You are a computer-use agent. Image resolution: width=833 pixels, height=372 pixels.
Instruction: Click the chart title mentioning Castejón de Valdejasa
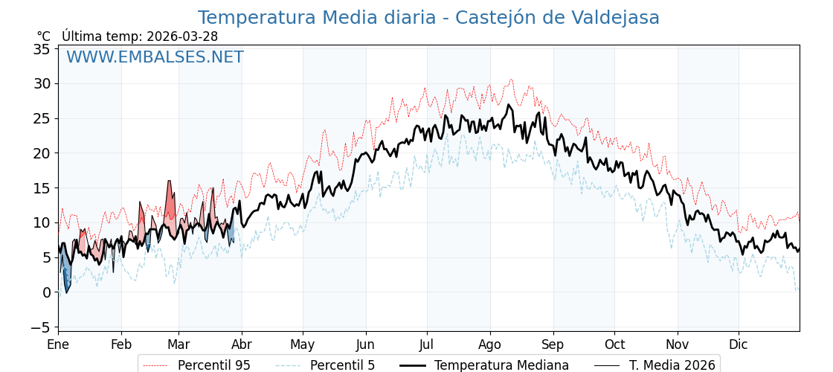(x=428, y=18)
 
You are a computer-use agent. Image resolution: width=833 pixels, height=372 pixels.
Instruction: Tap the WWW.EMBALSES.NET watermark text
(x=155, y=57)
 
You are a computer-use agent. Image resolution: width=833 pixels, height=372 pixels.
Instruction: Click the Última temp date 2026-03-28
(x=182, y=36)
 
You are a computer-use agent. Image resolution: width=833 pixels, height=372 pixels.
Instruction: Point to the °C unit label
(x=43, y=36)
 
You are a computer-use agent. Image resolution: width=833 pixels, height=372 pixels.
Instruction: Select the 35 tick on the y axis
(x=42, y=49)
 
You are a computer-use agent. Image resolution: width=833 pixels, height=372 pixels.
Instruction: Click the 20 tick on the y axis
(x=42, y=153)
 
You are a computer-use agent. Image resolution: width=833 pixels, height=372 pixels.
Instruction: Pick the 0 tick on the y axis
(x=46, y=292)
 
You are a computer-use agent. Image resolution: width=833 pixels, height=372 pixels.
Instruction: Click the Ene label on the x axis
(x=58, y=344)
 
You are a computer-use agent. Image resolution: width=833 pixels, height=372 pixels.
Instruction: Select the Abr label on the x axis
(x=242, y=344)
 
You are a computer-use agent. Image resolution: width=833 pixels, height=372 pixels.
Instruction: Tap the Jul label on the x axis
(x=427, y=344)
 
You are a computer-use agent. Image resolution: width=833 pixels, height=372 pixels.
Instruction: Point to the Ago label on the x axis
(x=490, y=344)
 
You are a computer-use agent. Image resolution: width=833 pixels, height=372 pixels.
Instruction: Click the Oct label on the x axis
(x=614, y=344)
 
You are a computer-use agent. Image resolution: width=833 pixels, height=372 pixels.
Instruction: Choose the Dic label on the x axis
(x=739, y=344)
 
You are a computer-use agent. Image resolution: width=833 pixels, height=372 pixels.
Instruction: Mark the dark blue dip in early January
(x=66, y=278)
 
